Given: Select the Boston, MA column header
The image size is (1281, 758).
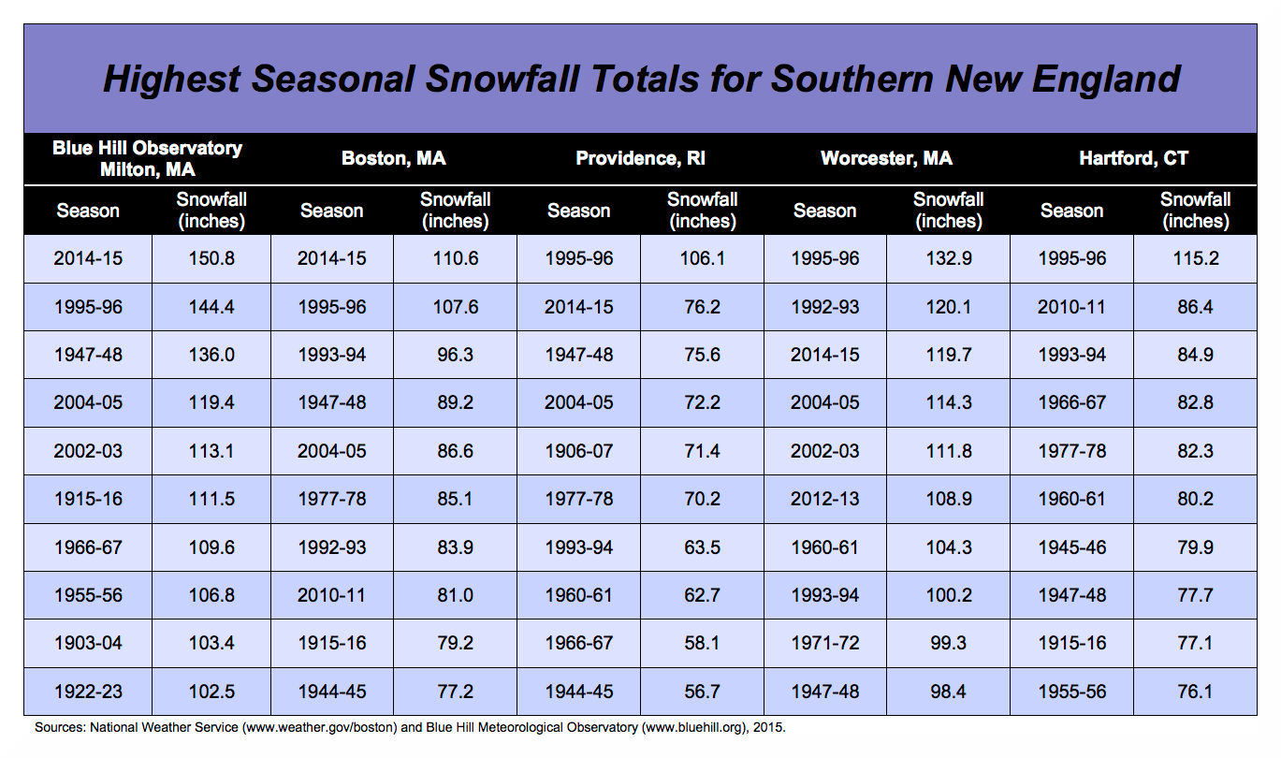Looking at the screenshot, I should (x=393, y=158).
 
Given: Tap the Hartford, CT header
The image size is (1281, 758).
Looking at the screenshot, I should (x=1133, y=158).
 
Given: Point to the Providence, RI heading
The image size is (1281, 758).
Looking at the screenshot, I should (x=640, y=158).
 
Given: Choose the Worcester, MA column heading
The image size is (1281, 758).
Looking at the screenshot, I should (x=886, y=158).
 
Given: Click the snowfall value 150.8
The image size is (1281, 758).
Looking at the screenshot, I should (x=210, y=258).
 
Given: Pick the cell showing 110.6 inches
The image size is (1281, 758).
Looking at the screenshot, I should (x=455, y=258).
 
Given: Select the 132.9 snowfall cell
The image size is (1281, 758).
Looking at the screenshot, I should (x=948, y=258).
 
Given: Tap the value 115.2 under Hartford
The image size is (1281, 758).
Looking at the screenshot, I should (x=1195, y=258).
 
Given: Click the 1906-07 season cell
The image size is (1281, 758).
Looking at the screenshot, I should (x=578, y=451).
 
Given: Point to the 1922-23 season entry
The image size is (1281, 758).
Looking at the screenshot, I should (x=88, y=692).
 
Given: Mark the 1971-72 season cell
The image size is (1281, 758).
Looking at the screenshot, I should (x=824, y=644).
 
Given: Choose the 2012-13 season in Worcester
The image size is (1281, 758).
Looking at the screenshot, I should (x=824, y=499).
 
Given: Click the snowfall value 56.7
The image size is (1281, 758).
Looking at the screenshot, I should (x=702, y=692).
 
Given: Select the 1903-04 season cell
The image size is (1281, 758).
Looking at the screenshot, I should (x=88, y=644).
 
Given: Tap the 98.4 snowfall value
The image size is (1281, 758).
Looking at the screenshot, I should (x=948, y=692).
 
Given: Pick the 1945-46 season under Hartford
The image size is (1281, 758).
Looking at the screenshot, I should (x=1071, y=547).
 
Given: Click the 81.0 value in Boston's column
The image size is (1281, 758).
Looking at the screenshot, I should (x=455, y=595).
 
